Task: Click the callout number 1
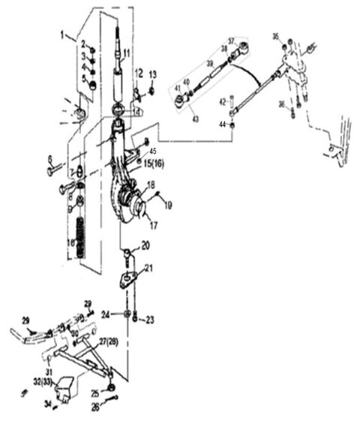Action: (64, 35)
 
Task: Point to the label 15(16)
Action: (154, 163)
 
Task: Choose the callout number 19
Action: (169, 203)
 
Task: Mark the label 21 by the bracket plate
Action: (149, 268)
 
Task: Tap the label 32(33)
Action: (44, 383)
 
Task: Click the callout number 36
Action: (282, 104)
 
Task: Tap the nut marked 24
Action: (127, 314)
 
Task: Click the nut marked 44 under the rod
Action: (234, 124)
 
